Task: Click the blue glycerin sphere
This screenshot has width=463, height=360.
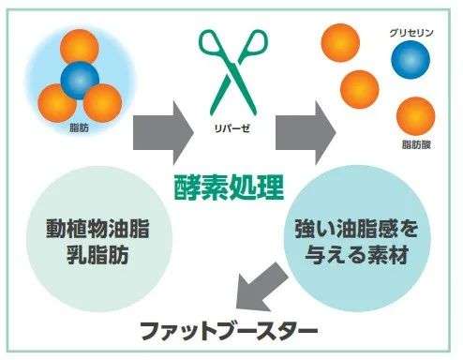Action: tap(410, 63)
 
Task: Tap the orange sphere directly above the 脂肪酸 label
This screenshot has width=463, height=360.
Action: tap(415, 114)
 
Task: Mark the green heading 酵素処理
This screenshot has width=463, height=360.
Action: tap(229, 187)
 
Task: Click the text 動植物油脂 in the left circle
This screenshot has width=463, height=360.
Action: tap(97, 230)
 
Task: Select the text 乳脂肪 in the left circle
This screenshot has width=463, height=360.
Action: tap(97, 256)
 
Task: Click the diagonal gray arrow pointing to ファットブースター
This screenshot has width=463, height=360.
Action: tap(259, 290)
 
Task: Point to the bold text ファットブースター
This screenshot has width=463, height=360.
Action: tap(229, 330)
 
